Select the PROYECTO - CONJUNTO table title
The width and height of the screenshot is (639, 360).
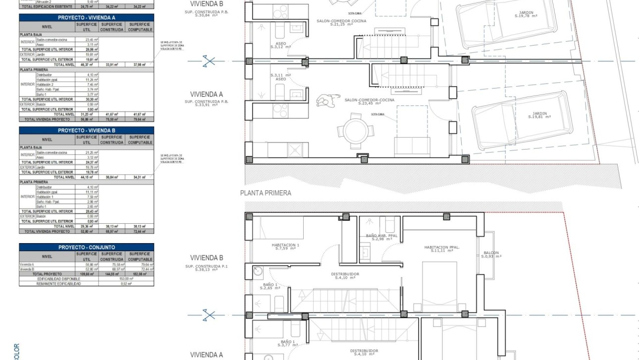(x=86, y=247)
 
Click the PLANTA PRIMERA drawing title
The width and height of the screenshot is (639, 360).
(x=266, y=193)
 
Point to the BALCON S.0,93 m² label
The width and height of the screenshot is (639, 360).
(x=491, y=254)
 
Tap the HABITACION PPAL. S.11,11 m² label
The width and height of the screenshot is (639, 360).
(x=442, y=249)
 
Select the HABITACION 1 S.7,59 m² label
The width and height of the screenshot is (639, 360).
(x=285, y=247)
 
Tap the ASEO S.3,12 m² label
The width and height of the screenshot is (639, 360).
(x=281, y=45)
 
